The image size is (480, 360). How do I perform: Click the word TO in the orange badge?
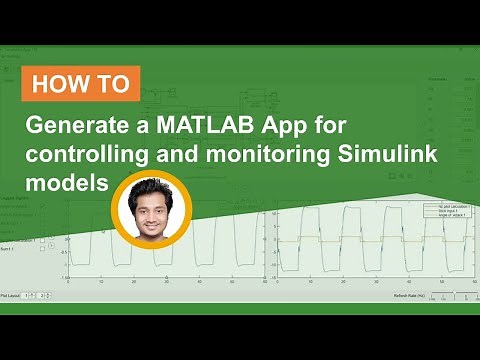(113, 83)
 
